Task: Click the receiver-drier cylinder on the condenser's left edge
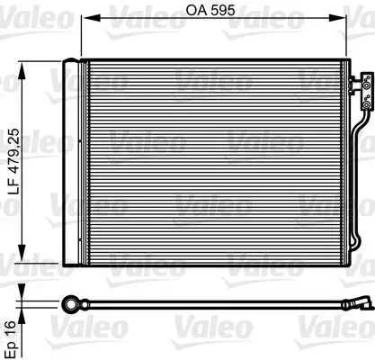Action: point(72,161)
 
